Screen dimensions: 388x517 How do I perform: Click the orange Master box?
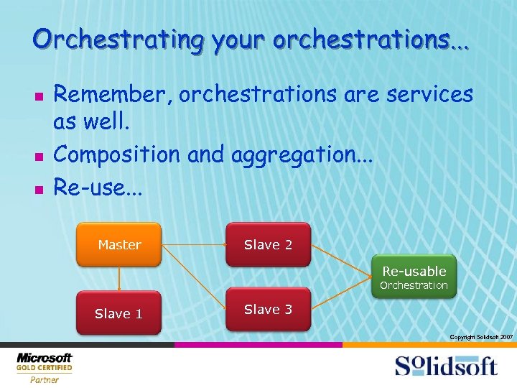tap(119, 245)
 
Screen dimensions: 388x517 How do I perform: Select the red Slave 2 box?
tap(268, 245)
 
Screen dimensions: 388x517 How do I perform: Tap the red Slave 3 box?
tap(268, 310)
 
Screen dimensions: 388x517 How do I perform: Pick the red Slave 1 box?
tap(119, 313)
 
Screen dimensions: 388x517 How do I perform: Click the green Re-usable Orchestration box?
tap(414, 277)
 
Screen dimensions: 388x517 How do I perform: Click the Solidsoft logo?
tap(445, 365)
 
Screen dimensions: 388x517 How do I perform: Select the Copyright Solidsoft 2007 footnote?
tap(480, 337)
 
